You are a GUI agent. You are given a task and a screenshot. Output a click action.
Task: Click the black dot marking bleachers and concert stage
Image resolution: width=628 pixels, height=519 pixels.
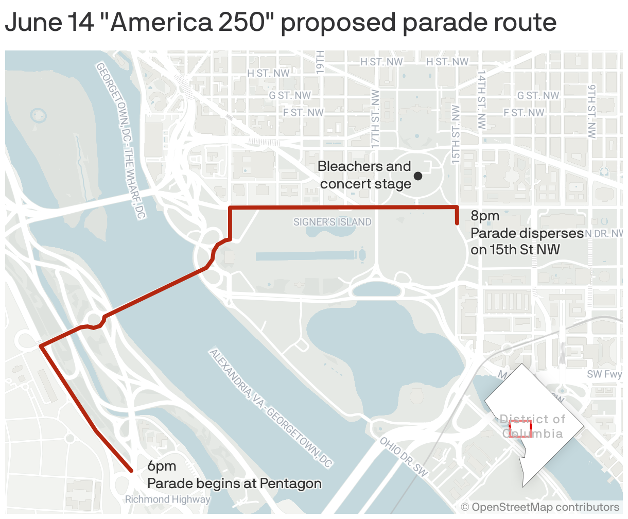[418, 176]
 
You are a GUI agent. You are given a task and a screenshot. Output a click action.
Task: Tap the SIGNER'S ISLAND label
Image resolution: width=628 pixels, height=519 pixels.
[332, 222]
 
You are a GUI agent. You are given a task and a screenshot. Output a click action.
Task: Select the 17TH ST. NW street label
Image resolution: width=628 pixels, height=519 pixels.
[375, 118]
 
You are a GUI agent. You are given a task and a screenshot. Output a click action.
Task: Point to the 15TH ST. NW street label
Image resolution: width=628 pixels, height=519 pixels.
[456, 134]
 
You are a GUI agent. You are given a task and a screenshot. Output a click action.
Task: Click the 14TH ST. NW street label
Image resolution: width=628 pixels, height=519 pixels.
[481, 100]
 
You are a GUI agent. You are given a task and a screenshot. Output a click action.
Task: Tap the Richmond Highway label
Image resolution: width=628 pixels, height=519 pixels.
[168, 499]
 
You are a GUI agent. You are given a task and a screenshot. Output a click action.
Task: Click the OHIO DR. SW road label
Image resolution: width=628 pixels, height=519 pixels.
[404, 457]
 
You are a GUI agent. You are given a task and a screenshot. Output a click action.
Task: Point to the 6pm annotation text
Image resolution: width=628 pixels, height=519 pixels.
[162, 466]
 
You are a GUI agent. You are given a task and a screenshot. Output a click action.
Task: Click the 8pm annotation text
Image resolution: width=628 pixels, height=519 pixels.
[485, 216]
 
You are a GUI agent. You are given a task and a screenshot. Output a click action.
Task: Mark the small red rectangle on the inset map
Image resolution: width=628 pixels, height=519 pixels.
[520, 428]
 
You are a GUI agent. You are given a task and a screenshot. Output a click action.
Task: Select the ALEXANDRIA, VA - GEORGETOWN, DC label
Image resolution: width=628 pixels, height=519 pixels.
[270, 408]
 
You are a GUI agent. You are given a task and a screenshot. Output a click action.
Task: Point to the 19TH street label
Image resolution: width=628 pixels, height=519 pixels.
[320, 62]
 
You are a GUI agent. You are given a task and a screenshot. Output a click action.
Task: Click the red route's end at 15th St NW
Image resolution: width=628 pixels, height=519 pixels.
[457, 223]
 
